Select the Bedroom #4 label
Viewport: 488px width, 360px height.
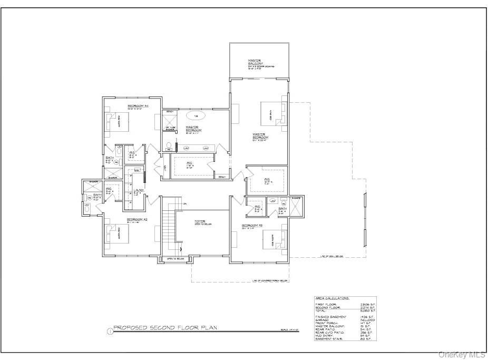coord(138,106)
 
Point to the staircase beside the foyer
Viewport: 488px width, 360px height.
coord(168,227)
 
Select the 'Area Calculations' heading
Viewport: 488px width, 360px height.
coord(329,298)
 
